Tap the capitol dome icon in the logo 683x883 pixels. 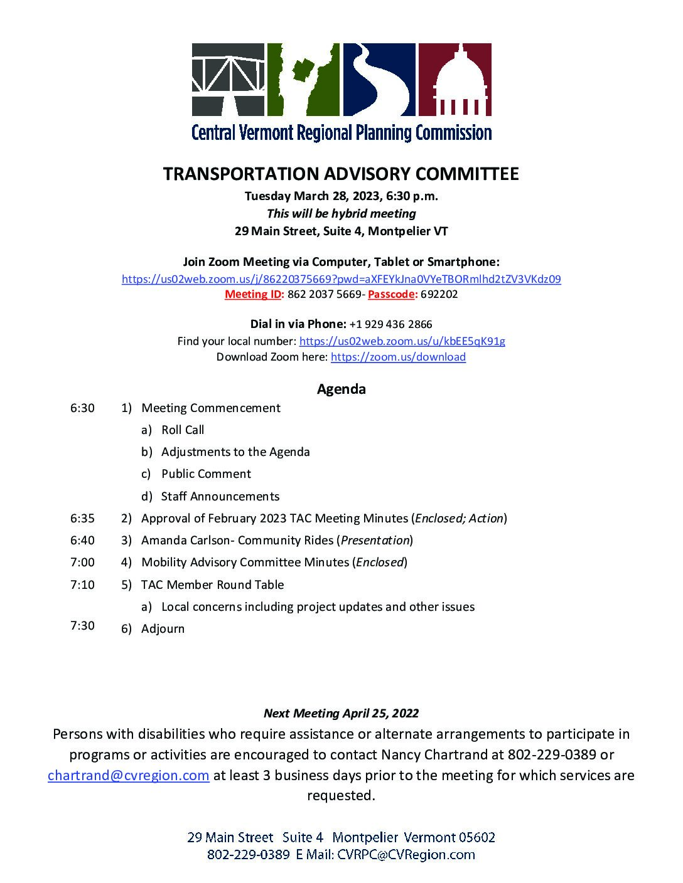tap(454, 80)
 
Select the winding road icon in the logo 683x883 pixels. tap(379, 80)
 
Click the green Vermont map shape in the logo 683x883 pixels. tap(304, 80)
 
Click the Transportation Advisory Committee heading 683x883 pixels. tap(341, 174)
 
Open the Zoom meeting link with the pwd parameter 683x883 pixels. tap(341, 279)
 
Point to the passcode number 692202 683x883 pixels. tap(439, 294)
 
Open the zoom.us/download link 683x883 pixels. tap(398, 357)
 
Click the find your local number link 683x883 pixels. tap(402, 341)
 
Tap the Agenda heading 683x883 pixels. tap(341, 389)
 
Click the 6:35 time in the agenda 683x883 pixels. tap(82, 518)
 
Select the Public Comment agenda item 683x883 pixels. tap(206, 473)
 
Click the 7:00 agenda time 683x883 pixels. tap(82, 562)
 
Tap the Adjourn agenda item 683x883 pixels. tap(163, 628)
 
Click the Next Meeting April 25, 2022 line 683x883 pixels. tap(341, 713)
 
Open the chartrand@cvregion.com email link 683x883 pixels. tap(128, 775)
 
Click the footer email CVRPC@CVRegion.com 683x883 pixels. tap(406, 854)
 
